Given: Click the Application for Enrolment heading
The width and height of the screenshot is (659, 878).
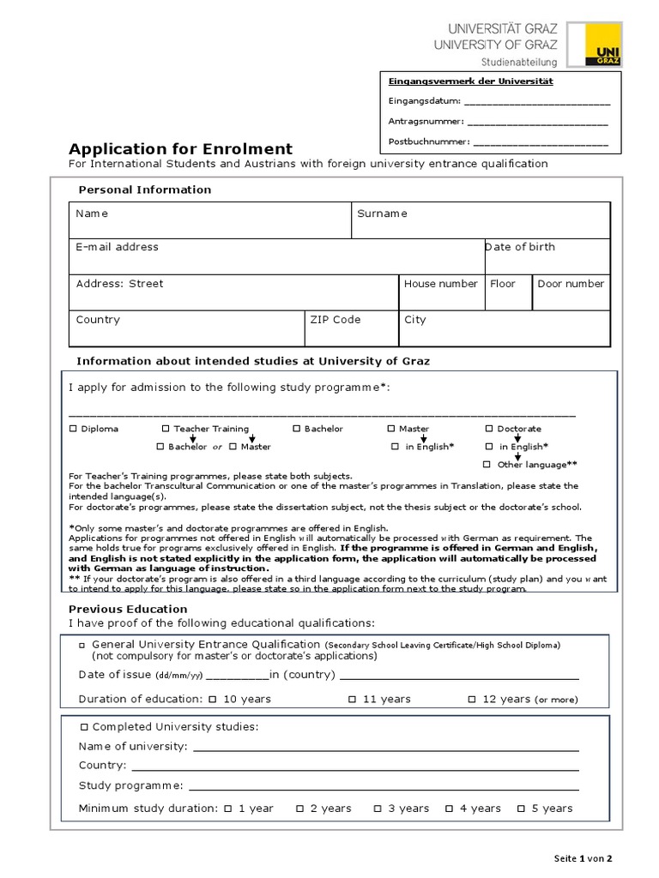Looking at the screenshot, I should click(x=180, y=148).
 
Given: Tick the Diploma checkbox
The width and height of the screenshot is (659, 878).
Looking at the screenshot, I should click(x=73, y=429).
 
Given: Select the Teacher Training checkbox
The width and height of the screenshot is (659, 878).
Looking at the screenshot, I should click(x=166, y=429).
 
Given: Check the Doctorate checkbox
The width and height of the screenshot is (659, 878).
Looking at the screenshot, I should click(x=489, y=429).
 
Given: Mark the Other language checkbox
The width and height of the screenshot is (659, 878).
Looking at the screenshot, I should click(x=487, y=464).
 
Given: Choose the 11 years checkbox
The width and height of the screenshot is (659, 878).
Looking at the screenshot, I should click(x=352, y=699).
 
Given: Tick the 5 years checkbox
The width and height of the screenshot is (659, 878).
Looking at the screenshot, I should click(x=521, y=808).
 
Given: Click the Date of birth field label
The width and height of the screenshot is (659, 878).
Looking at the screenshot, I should click(x=520, y=247).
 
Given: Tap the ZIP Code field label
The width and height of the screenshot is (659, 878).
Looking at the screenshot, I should click(x=336, y=320).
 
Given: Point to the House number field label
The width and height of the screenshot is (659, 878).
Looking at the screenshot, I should click(x=441, y=284).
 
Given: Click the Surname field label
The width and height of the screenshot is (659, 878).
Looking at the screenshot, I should click(x=382, y=213).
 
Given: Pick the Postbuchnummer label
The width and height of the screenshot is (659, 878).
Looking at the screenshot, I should click(x=428, y=141).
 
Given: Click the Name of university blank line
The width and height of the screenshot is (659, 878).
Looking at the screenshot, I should click(x=385, y=748).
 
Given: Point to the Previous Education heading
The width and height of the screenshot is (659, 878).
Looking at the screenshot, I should click(x=128, y=609).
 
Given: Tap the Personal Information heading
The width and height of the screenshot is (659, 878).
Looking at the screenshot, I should click(x=144, y=189).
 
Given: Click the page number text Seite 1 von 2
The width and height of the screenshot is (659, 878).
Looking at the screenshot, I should click(x=583, y=858).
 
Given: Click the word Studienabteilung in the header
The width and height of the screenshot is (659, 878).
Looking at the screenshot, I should click(x=518, y=62).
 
